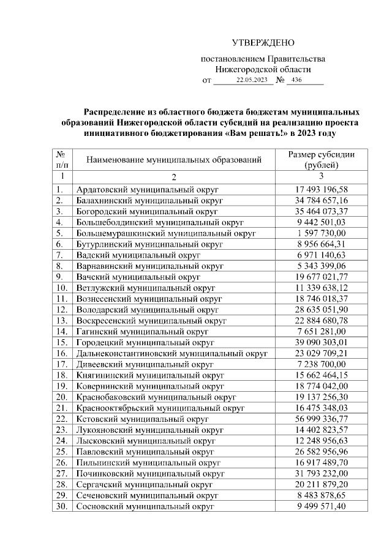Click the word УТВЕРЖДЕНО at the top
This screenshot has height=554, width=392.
(263, 42)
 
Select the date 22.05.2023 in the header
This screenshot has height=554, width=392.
(252, 80)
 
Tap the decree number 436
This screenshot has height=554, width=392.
(297, 80)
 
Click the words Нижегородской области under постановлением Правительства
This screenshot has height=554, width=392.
(263, 70)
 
